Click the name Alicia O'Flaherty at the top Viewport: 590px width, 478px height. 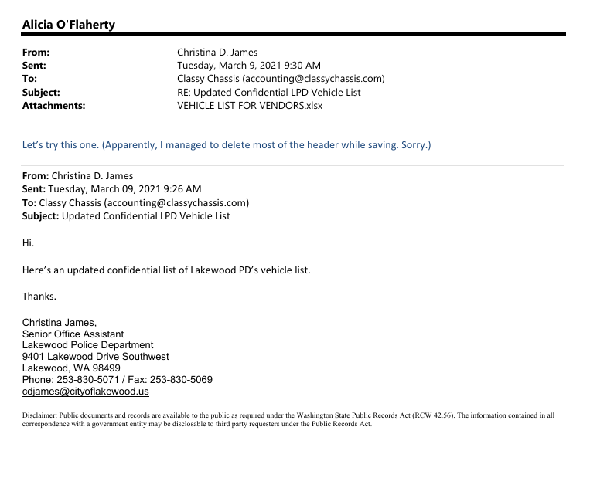pos(68,25)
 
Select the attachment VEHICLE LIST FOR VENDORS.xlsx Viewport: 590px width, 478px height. pos(250,106)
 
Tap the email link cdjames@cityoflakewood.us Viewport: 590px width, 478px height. pos(85,392)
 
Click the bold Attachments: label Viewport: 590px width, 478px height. pos(53,106)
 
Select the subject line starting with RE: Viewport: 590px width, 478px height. pos(268,93)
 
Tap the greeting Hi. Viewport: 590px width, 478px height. pos(28,243)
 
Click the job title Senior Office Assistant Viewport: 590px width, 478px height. pos(73,334)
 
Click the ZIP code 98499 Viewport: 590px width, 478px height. pos(104,368)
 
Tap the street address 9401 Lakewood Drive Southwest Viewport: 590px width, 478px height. pos(95,357)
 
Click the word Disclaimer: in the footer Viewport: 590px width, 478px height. pos(39,415)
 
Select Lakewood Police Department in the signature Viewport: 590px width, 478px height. pos(87,345)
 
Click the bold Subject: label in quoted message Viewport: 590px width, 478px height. pos(40,216)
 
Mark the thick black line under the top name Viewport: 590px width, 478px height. pos(294,34)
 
